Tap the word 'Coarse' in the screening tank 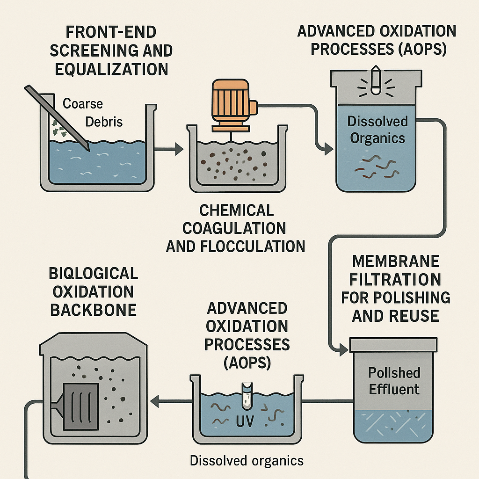82,103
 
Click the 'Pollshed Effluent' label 394,381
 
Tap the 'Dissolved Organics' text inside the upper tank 377,130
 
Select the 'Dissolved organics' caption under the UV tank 247,460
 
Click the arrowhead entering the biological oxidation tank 153,400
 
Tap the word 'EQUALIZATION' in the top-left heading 111,69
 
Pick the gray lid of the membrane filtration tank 394,345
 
